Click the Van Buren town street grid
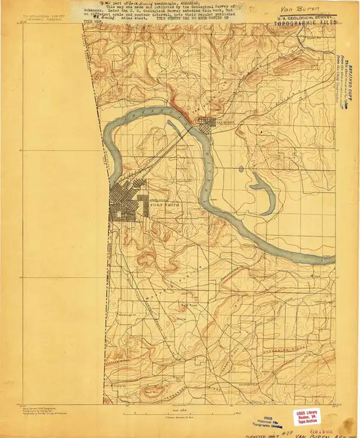(x=206, y=122)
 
